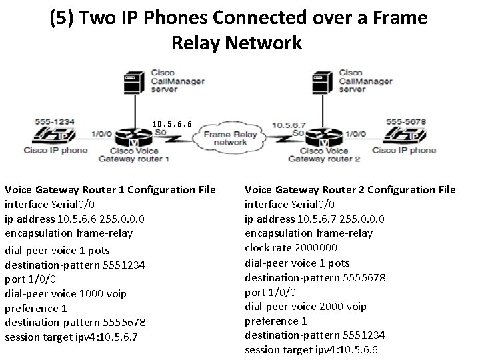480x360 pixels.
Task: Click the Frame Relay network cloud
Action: click(231, 138)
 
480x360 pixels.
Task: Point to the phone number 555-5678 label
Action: click(405, 121)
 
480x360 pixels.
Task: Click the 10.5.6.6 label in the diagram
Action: click(172, 123)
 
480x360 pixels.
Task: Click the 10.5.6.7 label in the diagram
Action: click(287, 123)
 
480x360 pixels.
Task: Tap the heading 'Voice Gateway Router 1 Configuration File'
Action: click(110, 190)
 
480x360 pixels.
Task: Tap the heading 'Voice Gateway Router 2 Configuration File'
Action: click(350, 190)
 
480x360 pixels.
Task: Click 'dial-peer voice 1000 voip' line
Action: click(66, 293)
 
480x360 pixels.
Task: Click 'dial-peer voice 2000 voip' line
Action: click(306, 306)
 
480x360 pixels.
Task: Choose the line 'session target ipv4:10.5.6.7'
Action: click(71, 337)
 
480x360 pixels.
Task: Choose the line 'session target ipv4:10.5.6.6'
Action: click(311, 349)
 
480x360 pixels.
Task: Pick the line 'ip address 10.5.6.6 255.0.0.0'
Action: click(75, 219)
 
